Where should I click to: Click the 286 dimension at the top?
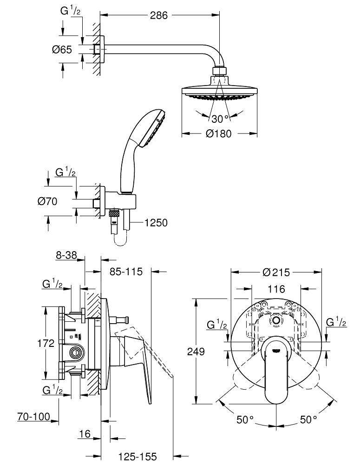pyautogui.click(x=159, y=15)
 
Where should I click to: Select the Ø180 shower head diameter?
pyautogui.click(x=219, y=134)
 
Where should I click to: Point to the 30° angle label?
pyautogui.click(x=221, y=118)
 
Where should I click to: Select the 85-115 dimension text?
pyautogui.click(x=125, y=272)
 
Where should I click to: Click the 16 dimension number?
pyautogui.click(x=85, y=434)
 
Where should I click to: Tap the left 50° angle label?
pyautogui.click(x=245, y=420)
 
